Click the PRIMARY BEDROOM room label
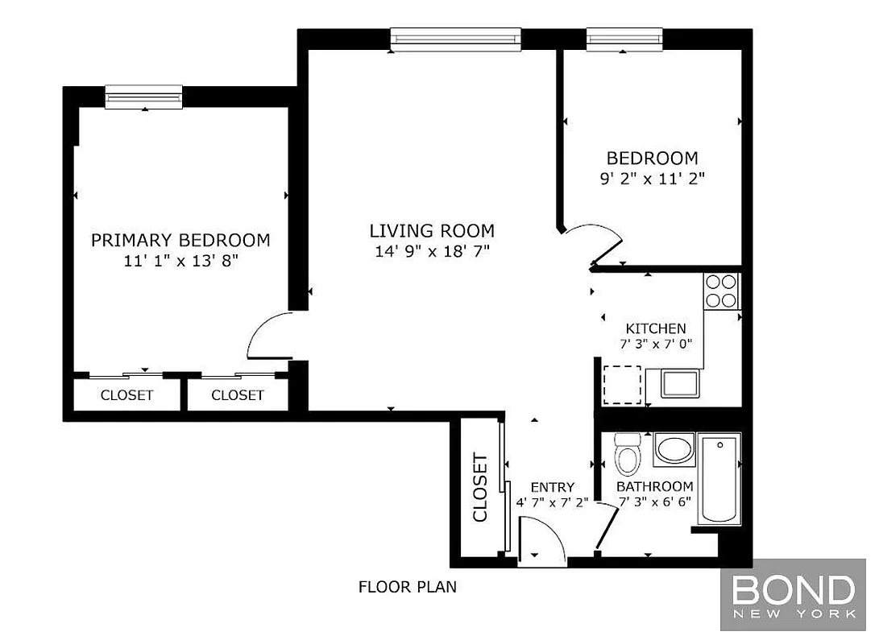click(180, 240)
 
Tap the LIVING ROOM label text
click(432, 230)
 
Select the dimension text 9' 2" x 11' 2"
click(653, 179)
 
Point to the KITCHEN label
click(656, 328)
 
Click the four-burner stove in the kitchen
click(721, 291)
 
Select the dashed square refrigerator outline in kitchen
click(622, 385)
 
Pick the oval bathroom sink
click(674, 449)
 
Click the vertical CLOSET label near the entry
click(479, 488)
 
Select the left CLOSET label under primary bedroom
click(126, 395)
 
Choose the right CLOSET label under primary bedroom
click(238, 395)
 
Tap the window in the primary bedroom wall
click(144, 97)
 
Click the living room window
click(455, 39)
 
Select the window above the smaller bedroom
click(624, 38)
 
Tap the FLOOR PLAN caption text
click(407, 587)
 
